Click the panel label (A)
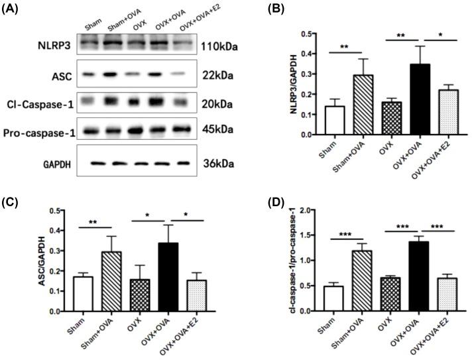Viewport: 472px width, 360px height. click(x=15, y=9)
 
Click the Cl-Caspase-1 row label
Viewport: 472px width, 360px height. click(x=36, y=103)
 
